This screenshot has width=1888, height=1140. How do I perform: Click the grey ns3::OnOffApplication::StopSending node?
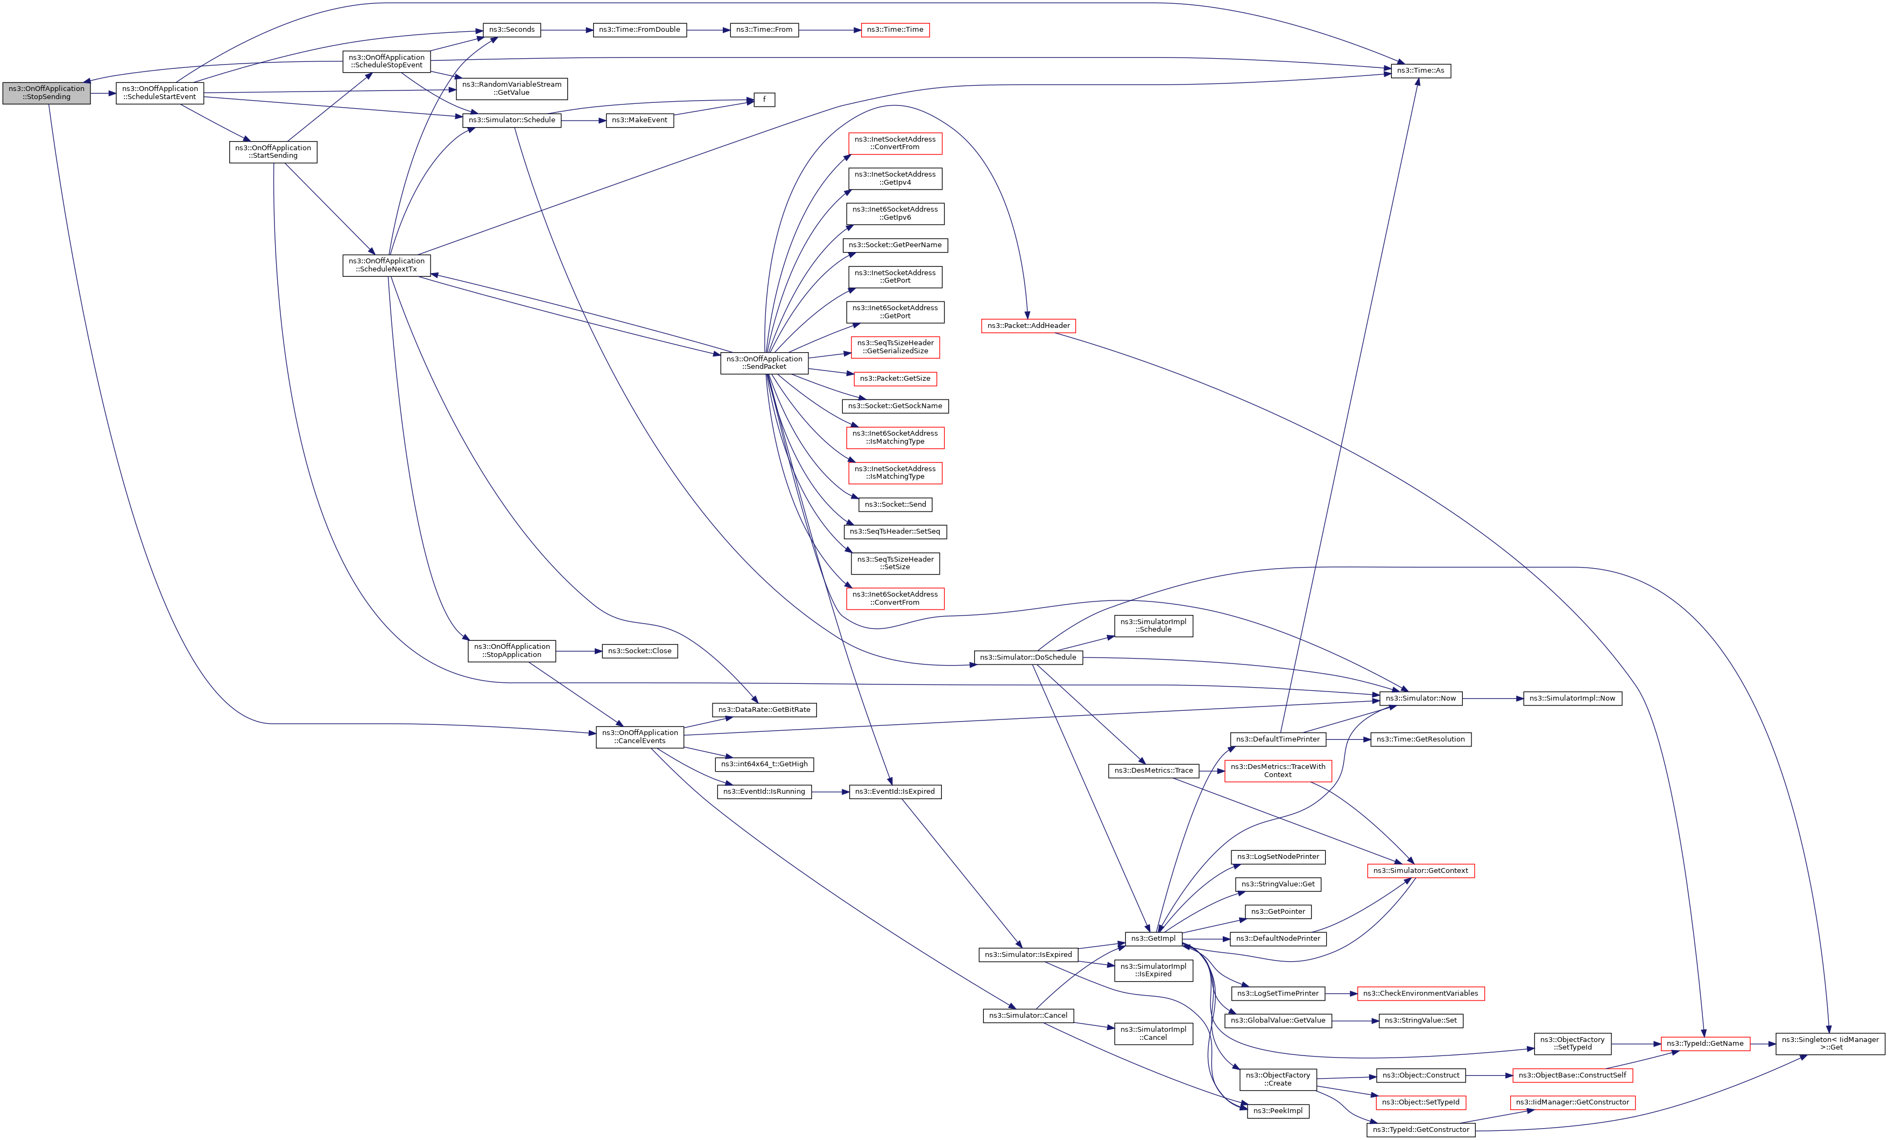[46, 93]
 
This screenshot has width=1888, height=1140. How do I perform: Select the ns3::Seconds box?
[512, 30]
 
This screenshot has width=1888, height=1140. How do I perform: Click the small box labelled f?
[764, 100]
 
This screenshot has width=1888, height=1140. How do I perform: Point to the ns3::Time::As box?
[1420, 71]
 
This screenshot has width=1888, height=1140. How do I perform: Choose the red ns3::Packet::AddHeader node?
[1027, 326]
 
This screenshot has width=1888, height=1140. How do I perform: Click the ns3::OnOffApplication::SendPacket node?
[764, 362]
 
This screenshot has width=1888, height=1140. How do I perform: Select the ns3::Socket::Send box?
[895, 505]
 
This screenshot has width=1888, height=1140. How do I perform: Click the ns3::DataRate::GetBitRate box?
[764, 710]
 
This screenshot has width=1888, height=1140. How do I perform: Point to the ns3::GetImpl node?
[1153, 939]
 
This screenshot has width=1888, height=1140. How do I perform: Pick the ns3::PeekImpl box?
[1277, 1111]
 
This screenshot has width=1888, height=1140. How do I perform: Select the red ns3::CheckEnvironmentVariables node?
[1420, 994]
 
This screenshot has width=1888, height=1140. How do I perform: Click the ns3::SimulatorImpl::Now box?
[1572, 698]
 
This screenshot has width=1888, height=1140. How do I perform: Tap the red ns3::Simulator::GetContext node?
[1420, 871]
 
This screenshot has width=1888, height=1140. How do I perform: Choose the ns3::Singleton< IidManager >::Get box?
[1830, 1044]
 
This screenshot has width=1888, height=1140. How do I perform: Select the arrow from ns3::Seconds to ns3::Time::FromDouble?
[567, 30]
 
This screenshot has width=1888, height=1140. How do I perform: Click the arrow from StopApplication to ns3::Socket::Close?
[579, 651]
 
